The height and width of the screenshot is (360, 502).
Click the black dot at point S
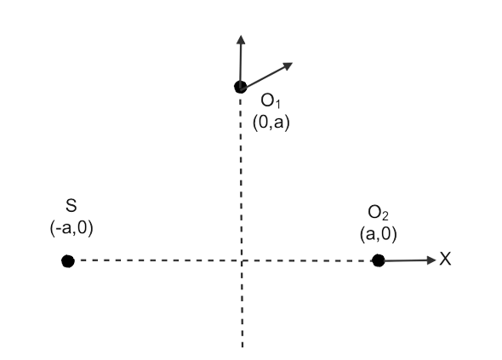click(x=68, y=261)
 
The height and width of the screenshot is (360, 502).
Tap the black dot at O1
click(x=241, y=87)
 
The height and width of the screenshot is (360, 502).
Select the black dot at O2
click(x=379, y=260)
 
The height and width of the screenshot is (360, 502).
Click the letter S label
click(x=71, y=206)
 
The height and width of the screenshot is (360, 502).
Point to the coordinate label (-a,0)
click(x=71, y=228)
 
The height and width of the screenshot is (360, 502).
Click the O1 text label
click(x=271, y=100)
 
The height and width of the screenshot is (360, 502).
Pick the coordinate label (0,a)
click(x=271, y=123)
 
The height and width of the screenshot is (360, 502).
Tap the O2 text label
click(x=378, y=213)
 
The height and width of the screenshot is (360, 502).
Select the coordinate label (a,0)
click(x=378, y=234)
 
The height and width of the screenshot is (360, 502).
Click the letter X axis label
click(x=445, y=259)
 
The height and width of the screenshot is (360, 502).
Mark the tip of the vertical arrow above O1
click(x=241, y=36)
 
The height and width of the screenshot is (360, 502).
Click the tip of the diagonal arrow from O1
click(x=293, y=63)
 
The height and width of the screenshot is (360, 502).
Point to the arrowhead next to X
click(x=431, y=260)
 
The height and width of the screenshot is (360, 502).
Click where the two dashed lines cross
click(x=242, y=260)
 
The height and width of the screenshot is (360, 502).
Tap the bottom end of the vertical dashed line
click(x=242, y=347)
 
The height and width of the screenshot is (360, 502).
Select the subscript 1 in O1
click(x=277, y=104)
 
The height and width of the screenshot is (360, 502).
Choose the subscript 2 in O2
click(x=385, y=216)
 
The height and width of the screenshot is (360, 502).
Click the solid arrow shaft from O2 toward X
click(x=406, y=260)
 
